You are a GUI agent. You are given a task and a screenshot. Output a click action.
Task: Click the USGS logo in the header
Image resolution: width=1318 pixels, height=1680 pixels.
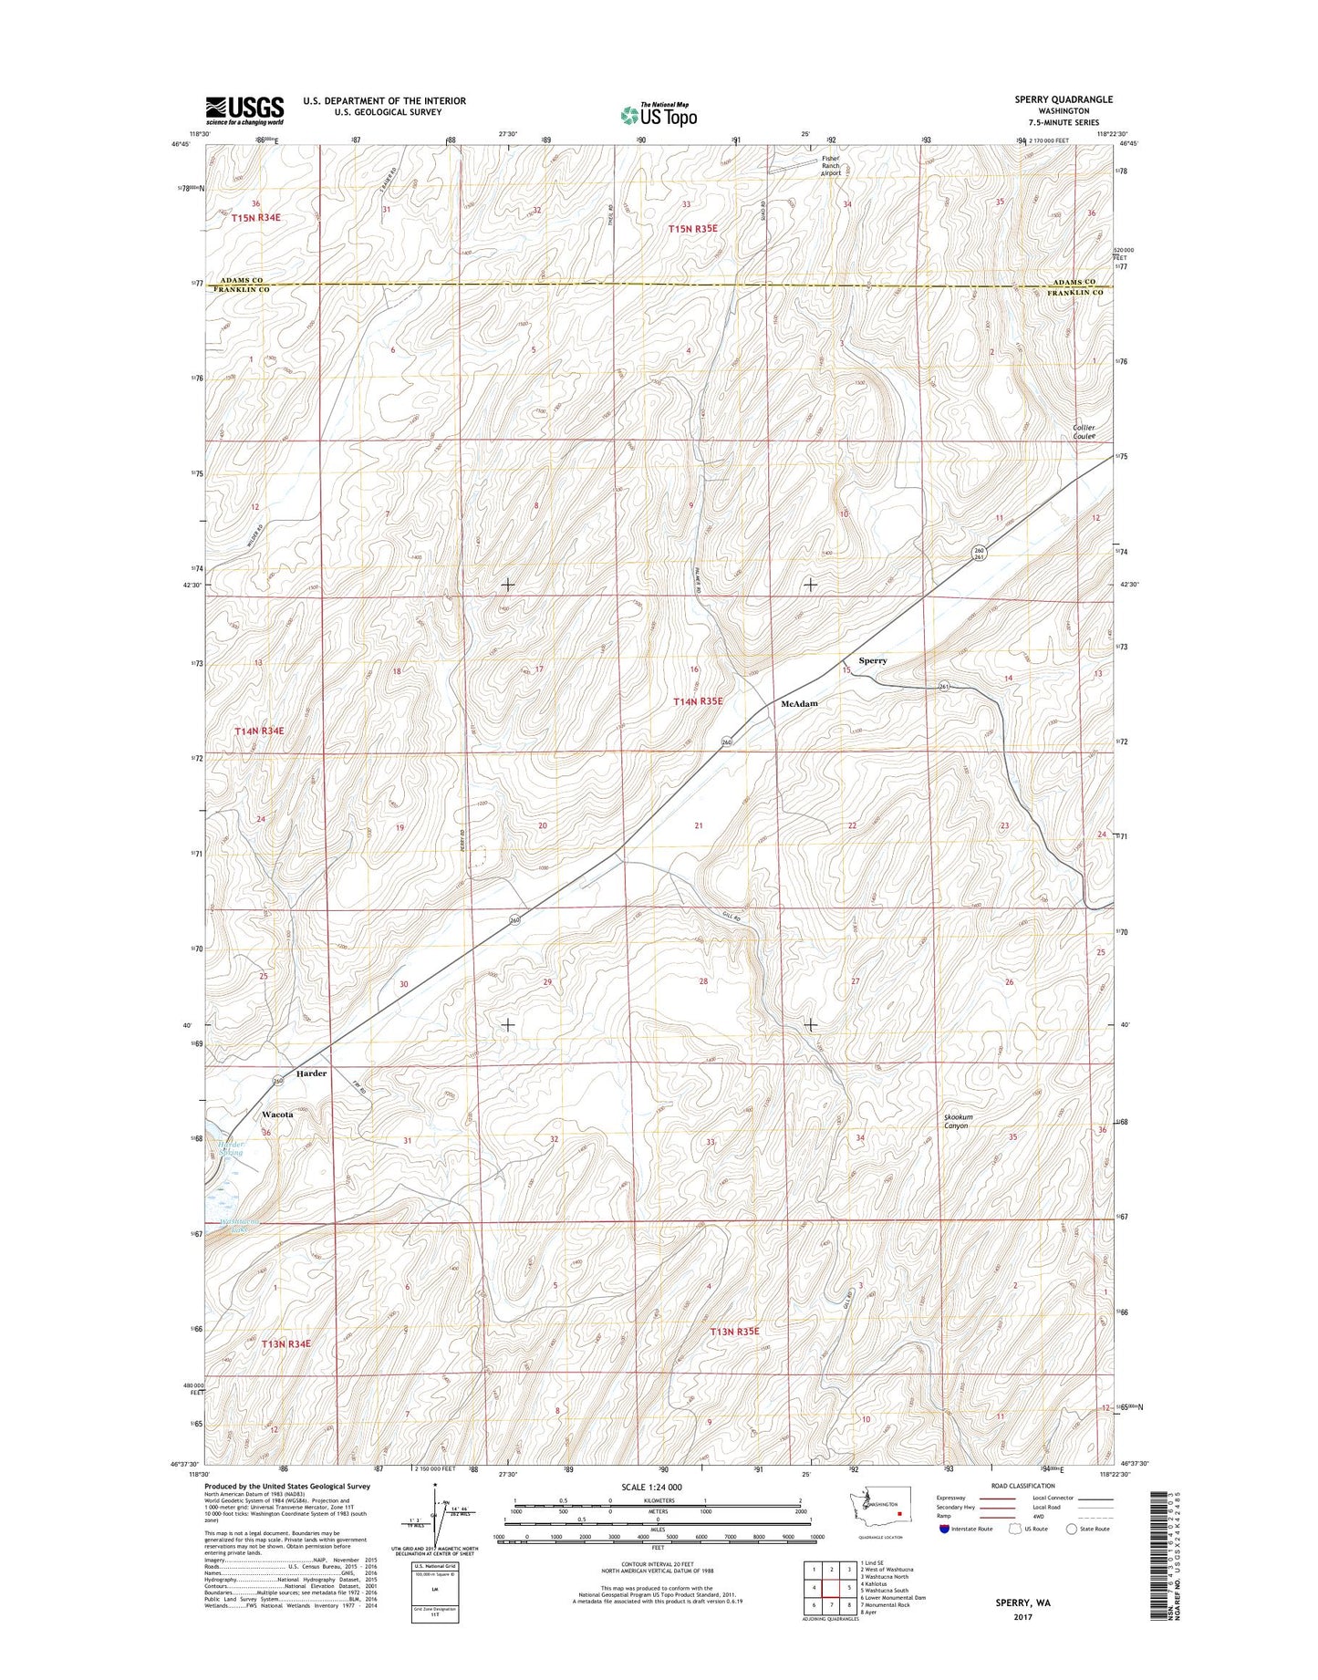[x=244, y=110]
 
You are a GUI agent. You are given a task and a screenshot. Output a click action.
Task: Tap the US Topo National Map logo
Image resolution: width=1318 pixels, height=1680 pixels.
[x=659, y=114]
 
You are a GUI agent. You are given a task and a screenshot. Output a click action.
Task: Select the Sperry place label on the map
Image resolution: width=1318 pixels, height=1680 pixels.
[x=872, y=660]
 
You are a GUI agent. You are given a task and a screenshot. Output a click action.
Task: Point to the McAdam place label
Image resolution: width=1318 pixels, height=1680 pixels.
[x=799, y=704]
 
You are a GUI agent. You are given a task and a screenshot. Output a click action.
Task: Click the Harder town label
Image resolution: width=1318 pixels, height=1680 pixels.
[x=311, y=1073]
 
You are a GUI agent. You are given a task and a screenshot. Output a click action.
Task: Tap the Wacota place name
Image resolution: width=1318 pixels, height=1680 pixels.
[x=277, y=1115]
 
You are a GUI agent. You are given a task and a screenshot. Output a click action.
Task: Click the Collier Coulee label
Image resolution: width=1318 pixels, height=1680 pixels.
[x=1084, y=431]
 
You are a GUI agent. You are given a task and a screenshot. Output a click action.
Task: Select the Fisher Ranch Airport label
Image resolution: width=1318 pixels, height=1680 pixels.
[x=830, y=165]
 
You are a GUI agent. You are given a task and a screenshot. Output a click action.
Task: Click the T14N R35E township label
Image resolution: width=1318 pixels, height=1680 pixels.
[x=698, y=701]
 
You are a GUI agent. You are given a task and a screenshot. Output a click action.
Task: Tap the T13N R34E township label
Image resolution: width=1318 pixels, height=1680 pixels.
[x=285, y=1343]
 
